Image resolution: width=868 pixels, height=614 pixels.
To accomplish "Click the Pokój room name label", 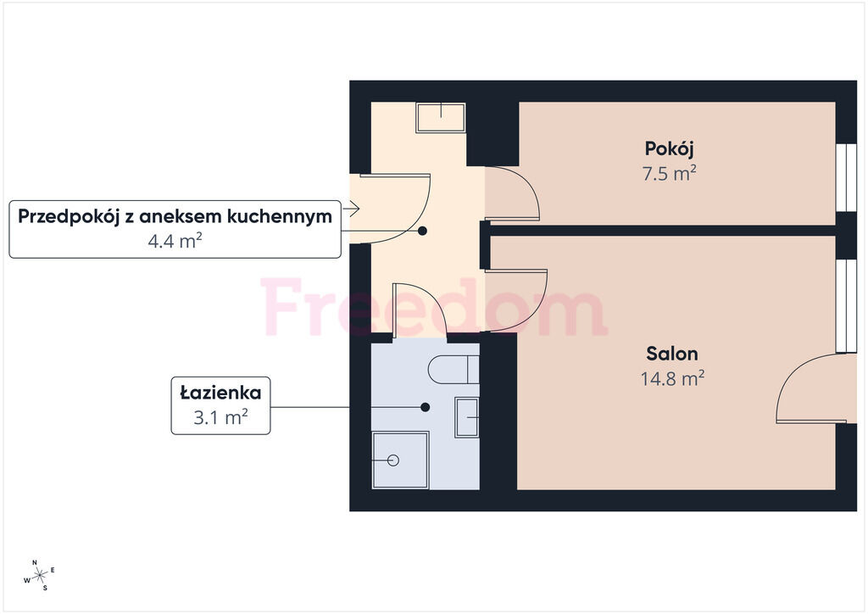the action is (x=669, y=149).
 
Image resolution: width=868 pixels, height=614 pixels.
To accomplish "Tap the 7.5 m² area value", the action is (x=669, y=173).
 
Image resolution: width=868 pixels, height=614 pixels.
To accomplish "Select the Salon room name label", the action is (x=672, y=354).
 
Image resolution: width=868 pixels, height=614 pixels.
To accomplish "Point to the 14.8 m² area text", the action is (x=672, y=379).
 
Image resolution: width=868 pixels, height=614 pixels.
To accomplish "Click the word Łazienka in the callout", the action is (x=220, y=393).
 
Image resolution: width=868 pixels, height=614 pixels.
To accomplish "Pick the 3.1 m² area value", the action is (x=220, y=416).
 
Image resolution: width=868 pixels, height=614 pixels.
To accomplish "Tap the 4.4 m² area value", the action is (x=175, y=241).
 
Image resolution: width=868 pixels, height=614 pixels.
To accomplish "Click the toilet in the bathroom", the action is (x=453, y=369).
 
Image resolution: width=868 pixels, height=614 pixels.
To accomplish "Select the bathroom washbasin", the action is (x=467, y=417).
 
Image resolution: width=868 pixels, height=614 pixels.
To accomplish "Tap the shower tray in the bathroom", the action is (x=400, y=460).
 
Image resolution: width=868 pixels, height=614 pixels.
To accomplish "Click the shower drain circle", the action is (x=393, y=460).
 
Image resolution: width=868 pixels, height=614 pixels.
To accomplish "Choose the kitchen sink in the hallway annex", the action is (x=441, y=117).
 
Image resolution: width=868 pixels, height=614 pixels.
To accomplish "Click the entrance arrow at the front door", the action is (x=351, y=209).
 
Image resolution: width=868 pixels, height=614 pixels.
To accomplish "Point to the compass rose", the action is (x=40, y=576).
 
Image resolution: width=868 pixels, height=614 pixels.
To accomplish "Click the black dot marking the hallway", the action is (x=422, y=231).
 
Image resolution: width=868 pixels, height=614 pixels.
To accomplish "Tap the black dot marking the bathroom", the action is (x=426, y=407).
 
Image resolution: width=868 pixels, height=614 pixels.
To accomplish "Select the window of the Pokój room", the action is (x=846, y=178).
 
